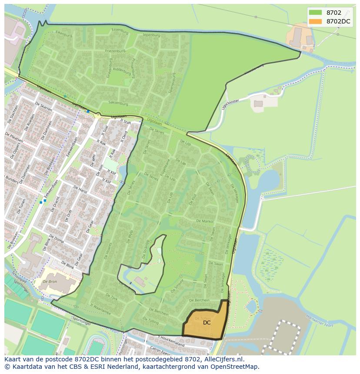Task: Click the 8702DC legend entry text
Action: click(x=339, y=21)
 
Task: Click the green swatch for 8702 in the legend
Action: click(x=315, y=13)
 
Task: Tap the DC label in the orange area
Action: click(x=207, y=322)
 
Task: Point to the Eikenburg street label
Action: click(x=63, y=34)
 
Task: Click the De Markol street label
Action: click(x=205, y=221)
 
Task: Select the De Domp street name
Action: click(x=57, y=239)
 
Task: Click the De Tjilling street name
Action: click(x=151, y=321)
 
